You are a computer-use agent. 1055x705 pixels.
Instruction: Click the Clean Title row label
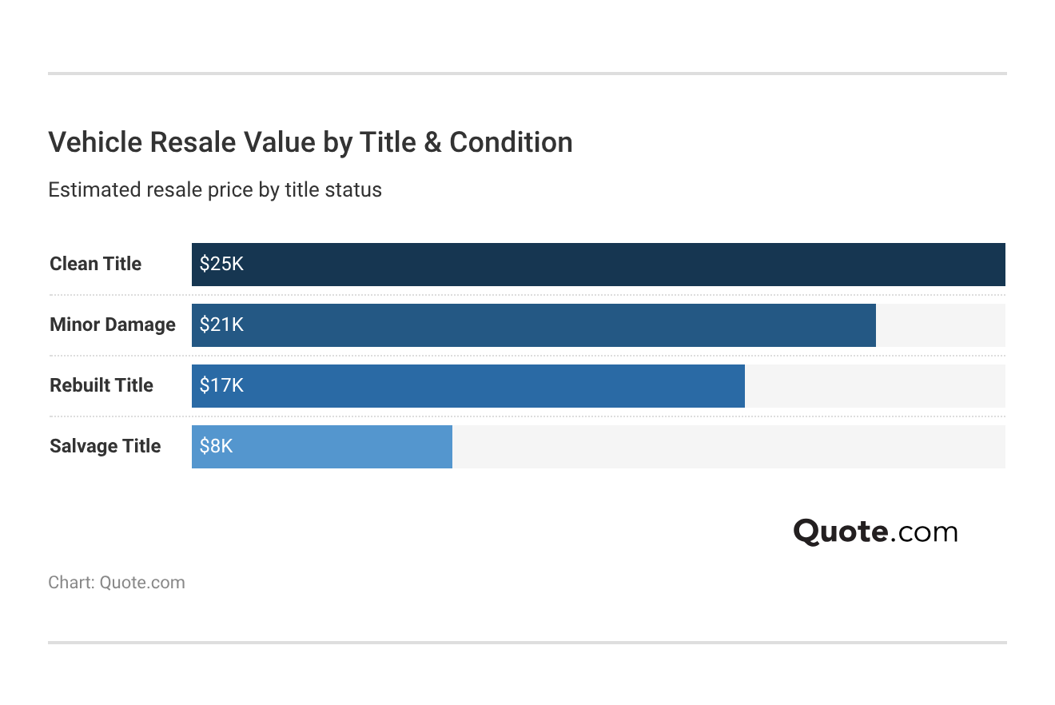coord(95,264)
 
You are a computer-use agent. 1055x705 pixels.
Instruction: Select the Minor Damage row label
coord(112,325)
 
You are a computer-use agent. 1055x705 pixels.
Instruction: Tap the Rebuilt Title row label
coord(101,385)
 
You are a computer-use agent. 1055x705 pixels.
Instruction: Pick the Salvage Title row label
coord(105,446)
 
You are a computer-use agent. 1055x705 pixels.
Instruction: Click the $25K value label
coord(221,264)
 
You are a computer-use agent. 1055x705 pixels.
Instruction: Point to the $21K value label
coord(221,325)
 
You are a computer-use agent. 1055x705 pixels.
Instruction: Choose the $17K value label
coord(221,385)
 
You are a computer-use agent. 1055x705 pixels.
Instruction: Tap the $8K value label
coord(216,446)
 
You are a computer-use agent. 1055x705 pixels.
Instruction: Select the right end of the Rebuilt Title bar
coord(742,385)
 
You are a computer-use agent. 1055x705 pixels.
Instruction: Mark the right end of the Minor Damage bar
coord(873,325)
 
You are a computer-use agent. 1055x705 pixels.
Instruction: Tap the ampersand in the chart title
coord(432,142)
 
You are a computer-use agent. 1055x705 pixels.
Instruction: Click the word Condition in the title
coord(511,142)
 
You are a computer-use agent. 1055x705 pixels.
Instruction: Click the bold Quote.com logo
coord(875,532)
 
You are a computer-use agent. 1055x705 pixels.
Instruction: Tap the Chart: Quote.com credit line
coord(117,583)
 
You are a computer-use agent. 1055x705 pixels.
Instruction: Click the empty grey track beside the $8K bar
coord(727,446)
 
